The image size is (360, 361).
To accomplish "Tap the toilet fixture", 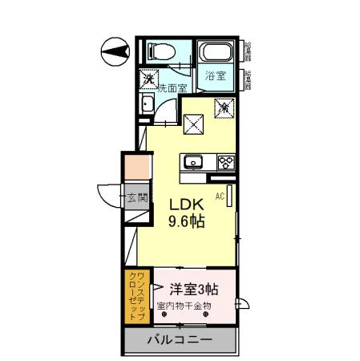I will [x=156, y=53].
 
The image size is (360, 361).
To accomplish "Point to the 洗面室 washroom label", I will [x=172, y=88].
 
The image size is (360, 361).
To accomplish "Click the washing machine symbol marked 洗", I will [x=148, y=79].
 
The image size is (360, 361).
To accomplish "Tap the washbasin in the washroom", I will [x=147, y=105].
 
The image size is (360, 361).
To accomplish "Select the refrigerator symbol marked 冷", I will [x=224, y=106].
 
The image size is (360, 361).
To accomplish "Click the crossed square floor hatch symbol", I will [x=193, y=124].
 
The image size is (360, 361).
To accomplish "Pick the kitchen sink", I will [x=195, y=163].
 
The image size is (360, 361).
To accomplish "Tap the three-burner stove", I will [x=225, y=162].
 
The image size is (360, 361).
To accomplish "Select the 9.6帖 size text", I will [x=184, y=221].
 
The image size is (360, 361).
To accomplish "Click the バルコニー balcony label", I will [x=180, y=340].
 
